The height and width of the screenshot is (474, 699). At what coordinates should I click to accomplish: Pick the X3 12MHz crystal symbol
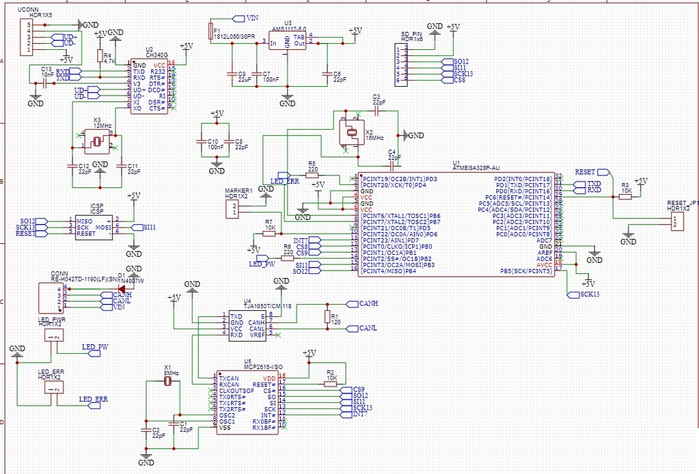96,142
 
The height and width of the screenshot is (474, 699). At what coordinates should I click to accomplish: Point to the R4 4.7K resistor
100,57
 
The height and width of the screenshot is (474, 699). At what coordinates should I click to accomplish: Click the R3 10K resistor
625,193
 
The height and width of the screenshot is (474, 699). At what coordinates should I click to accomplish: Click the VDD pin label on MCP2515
269,377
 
